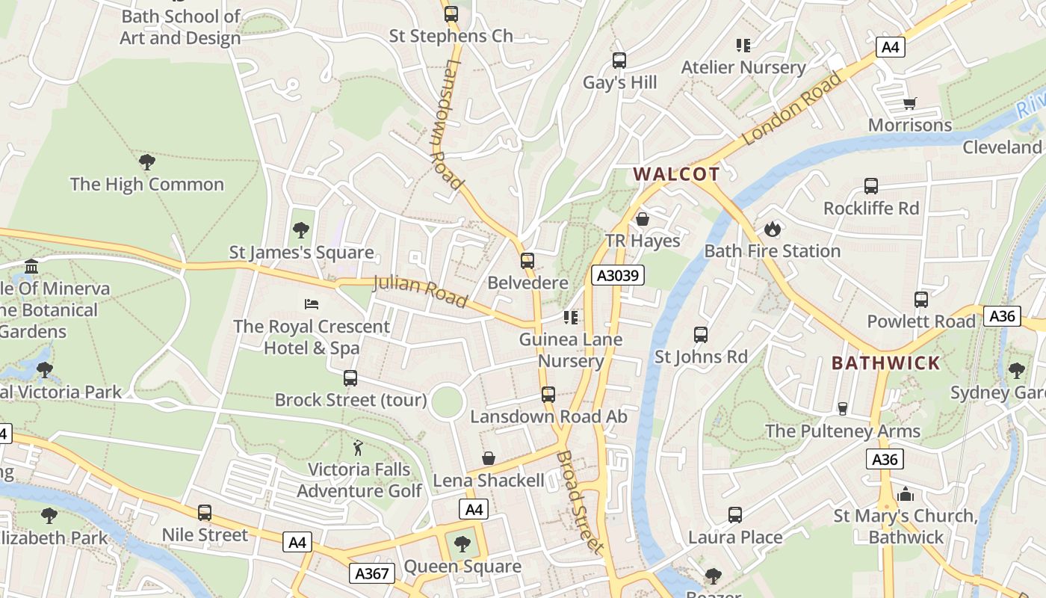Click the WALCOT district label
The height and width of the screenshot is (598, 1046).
click(677, 174)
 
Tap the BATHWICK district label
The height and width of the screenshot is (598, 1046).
click(886, 363)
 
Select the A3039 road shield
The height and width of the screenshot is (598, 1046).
click(617, 275)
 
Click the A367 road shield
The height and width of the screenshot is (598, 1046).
click(371, 573)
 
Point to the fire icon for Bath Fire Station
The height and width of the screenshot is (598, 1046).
click(772, 228)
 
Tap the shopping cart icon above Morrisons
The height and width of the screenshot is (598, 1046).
click(909, 103)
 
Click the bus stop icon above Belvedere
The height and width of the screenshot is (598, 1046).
click(527, 261)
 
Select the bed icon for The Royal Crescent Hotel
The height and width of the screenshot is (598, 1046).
click(312, 303)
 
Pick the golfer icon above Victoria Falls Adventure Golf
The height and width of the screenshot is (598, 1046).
click(359, 447)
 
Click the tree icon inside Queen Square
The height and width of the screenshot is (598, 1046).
click(462, 544)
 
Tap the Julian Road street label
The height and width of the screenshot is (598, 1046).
click(420, 291)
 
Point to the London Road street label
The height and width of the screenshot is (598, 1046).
click(792, 108)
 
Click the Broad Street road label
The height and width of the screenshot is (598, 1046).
click(579, 501)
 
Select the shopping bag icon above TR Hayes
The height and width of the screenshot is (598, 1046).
click(643, 218)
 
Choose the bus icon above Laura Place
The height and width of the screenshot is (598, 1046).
click(735, 514)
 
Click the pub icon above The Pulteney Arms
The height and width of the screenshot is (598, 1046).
click(843, 408)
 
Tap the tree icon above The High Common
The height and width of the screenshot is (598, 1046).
click(147, 161)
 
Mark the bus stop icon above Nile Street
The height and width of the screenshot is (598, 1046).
click(205, 513)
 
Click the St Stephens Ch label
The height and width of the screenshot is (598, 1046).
click(451, 35)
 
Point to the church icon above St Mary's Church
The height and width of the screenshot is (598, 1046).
click(906, 494)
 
